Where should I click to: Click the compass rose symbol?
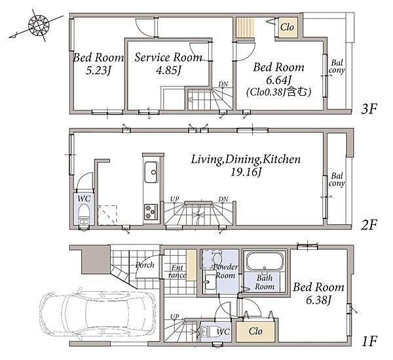38,25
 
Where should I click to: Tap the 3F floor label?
369,109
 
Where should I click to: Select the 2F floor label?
369,225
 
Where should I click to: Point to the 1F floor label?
369,341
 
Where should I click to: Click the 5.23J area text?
98,71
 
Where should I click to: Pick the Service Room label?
168,58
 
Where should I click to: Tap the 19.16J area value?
246,172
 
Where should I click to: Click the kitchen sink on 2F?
151,172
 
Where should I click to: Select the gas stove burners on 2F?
151,212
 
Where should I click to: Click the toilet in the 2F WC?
84,214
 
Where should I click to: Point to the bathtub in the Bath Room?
265,260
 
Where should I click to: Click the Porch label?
145,265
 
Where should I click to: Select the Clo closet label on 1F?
255,331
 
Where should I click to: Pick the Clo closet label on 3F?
287,27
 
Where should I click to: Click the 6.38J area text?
319,300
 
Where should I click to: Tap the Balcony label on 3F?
337,66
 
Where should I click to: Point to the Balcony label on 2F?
337,180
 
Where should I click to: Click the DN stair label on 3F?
223,84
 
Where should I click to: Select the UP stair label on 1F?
175,317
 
